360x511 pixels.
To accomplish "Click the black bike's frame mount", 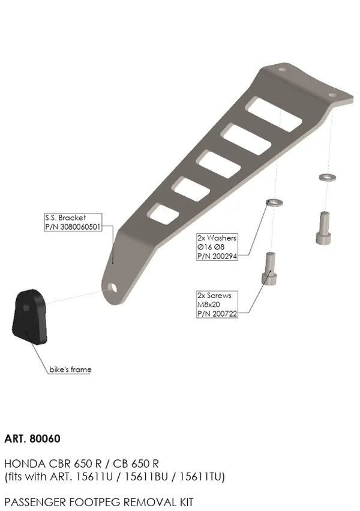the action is (30, 316).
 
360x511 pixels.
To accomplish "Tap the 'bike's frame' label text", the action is (70, 369).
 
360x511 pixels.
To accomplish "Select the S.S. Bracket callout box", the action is (73, 223).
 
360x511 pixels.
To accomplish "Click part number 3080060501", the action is (80, 227).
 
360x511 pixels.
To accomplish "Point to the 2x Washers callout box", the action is (217, 247).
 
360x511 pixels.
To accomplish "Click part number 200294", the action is (224, 256).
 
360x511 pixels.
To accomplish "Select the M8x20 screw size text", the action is (209, 305).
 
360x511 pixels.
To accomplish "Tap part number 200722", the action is (224, 314).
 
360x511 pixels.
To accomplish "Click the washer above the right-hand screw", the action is (328, 178).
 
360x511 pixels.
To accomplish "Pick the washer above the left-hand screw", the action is (275, 202).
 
